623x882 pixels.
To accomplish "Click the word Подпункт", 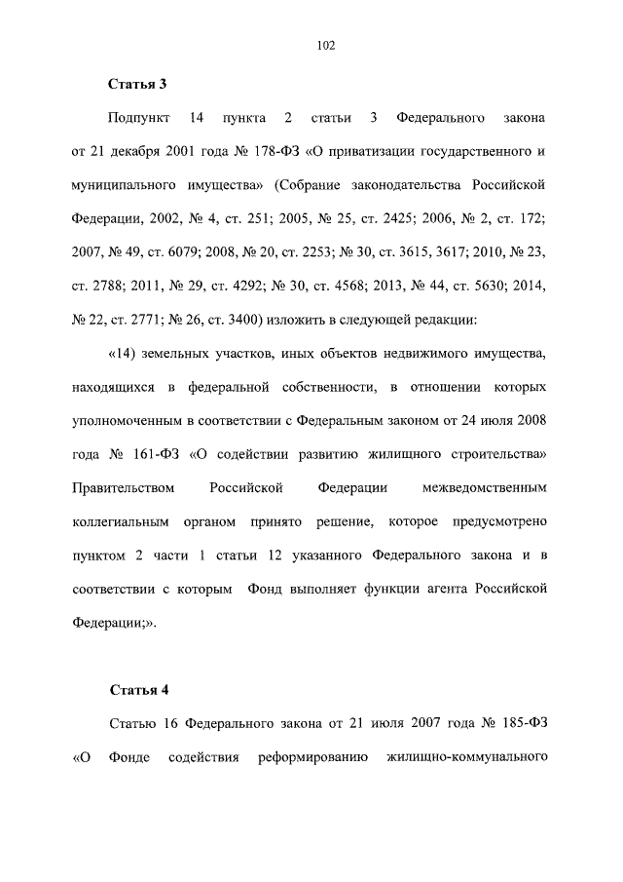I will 140,119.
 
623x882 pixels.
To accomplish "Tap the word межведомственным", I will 482,486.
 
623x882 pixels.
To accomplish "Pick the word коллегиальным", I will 123,520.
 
